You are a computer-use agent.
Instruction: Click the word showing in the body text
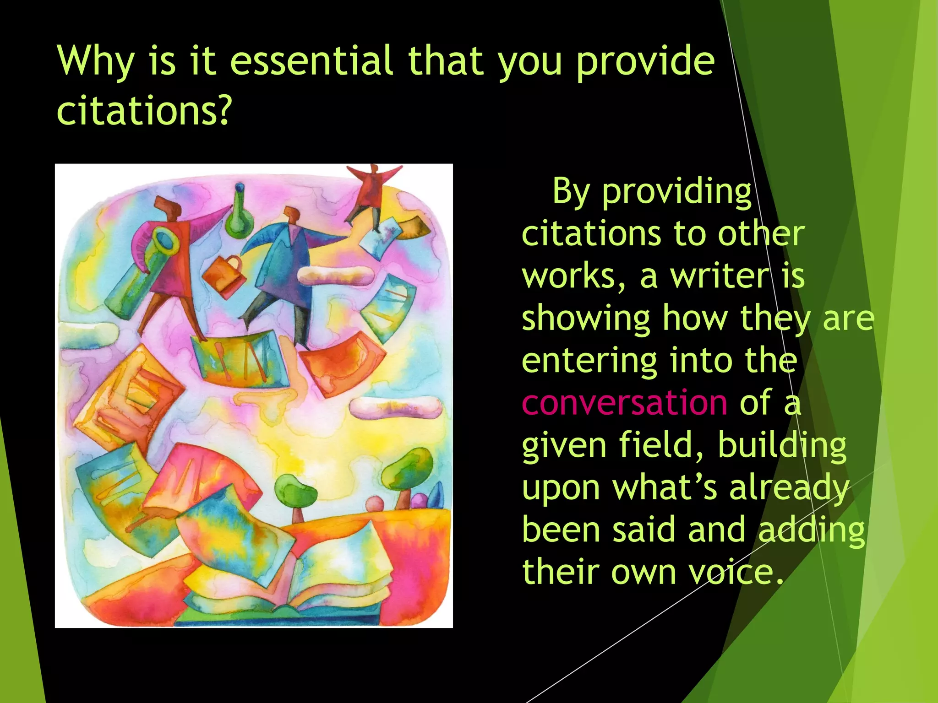click(x=586, y=319)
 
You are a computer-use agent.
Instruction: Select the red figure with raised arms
click(x=374, y=192)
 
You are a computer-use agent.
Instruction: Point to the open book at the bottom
click(x=293, y=581)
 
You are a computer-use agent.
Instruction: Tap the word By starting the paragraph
click(x=571, y=192)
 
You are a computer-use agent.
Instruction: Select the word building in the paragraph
click(x=782, y=445)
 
